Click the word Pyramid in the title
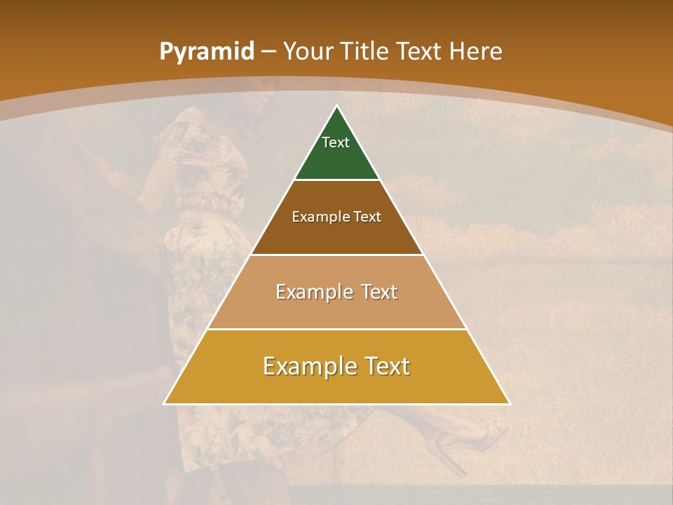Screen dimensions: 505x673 point(206,52)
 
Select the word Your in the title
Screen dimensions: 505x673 point(308,52)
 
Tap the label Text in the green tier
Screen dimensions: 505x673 point(336,142)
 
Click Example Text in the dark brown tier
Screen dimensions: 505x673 point(336,217)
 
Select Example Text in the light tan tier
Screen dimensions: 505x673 point(336,292)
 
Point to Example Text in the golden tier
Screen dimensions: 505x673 point(336,366)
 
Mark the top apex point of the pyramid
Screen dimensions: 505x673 point(336,107)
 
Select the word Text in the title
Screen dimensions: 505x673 point(419,52)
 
